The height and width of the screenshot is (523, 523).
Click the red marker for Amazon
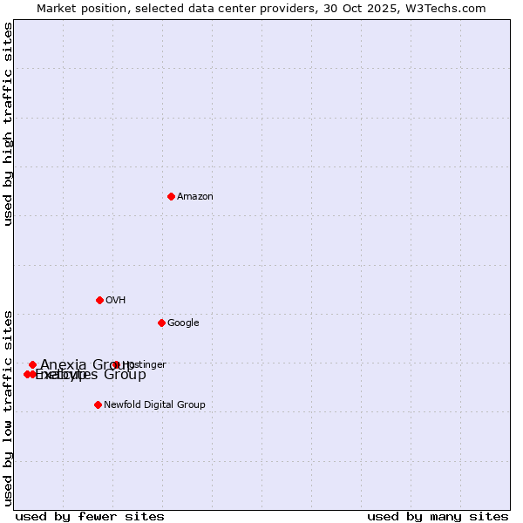coord(171,196)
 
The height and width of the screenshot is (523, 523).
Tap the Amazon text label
coord(195,197)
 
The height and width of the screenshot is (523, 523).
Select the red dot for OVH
coord(99,300)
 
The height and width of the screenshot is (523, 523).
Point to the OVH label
coord(116,301)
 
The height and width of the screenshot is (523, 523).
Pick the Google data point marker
coord(161,323)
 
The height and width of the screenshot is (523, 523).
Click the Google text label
coord(183,323)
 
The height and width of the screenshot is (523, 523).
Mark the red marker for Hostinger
coord(116,364)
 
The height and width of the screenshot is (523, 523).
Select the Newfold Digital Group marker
coord(98,404)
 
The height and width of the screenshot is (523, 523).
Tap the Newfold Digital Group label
coord(154,405)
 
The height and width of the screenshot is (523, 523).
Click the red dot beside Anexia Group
coord(32,364)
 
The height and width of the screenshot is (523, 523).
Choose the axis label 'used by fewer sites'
coord(90,516)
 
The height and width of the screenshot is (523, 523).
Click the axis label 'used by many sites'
coord(438,516)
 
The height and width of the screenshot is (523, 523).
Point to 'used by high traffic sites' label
coord(8,124)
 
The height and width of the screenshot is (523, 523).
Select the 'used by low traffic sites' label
coord(8,407)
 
